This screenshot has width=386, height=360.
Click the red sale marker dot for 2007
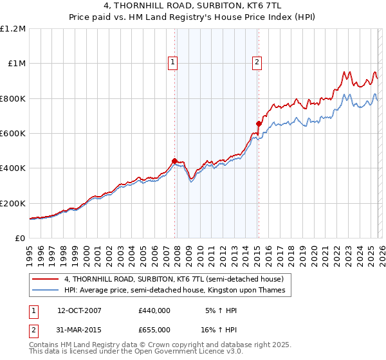point(174,161)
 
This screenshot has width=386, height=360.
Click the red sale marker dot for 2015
point(259,123)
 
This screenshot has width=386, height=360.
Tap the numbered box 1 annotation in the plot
point(174,62)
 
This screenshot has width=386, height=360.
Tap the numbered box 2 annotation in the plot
point(257,62)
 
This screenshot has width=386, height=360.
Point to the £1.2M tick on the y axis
point(13,29)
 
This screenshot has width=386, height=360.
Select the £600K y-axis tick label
point(13,134)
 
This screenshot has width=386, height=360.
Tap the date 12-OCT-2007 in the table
point(79,310)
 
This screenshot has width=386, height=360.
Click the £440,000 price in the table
point(154,310)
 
